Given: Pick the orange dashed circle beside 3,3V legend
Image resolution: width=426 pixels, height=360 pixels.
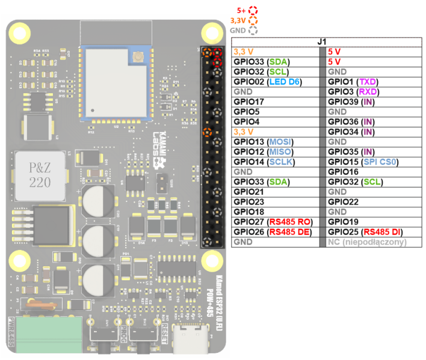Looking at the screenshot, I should pyautogui.click(x=253, y=20).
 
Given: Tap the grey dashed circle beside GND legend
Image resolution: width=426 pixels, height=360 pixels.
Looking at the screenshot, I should pyautogui.click(x=253, y=30).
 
